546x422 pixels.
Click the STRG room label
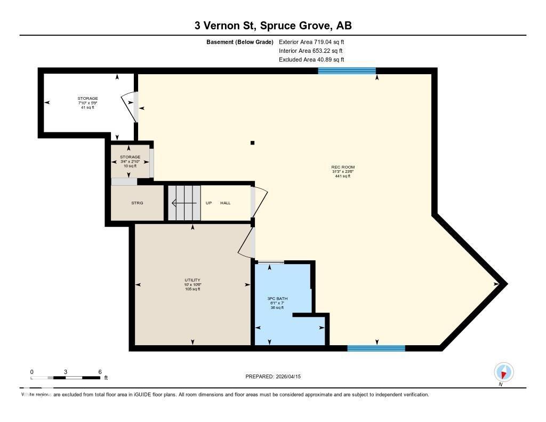point(137,203)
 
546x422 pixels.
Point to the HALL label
point(226,203)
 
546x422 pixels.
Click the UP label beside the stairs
point(209,203)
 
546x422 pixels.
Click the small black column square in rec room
point(252,142)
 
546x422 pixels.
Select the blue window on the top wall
point(347,70)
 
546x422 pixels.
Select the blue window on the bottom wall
point(376,348)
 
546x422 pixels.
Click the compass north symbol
point(503,372)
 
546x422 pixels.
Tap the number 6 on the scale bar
point(100,372)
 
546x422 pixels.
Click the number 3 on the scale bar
point(66,372)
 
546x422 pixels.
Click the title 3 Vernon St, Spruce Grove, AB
point(272,26)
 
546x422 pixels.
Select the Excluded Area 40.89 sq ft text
point(311,60)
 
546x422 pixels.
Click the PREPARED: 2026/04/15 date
point(273,377)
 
